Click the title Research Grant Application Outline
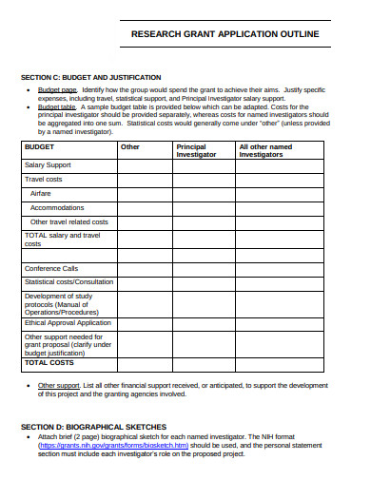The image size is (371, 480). tap(225, 34)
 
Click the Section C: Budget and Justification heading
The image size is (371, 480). tap(91, 77)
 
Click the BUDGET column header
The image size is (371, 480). tap(40, 147)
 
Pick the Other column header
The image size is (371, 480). tap(130, 147)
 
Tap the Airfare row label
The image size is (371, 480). tap(43, 193)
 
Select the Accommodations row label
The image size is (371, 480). tap(57, 207)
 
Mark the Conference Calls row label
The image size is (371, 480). tap(51, 268)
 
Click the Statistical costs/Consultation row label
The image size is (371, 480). tap(68, 281)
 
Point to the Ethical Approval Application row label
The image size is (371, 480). tap(68, 323)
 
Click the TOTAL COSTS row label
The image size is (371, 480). tap(49, 363)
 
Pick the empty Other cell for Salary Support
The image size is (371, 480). tap(145, 165)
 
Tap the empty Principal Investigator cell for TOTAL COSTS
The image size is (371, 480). tap(204, 363)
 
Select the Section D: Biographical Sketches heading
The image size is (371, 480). tap(94, 427)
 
